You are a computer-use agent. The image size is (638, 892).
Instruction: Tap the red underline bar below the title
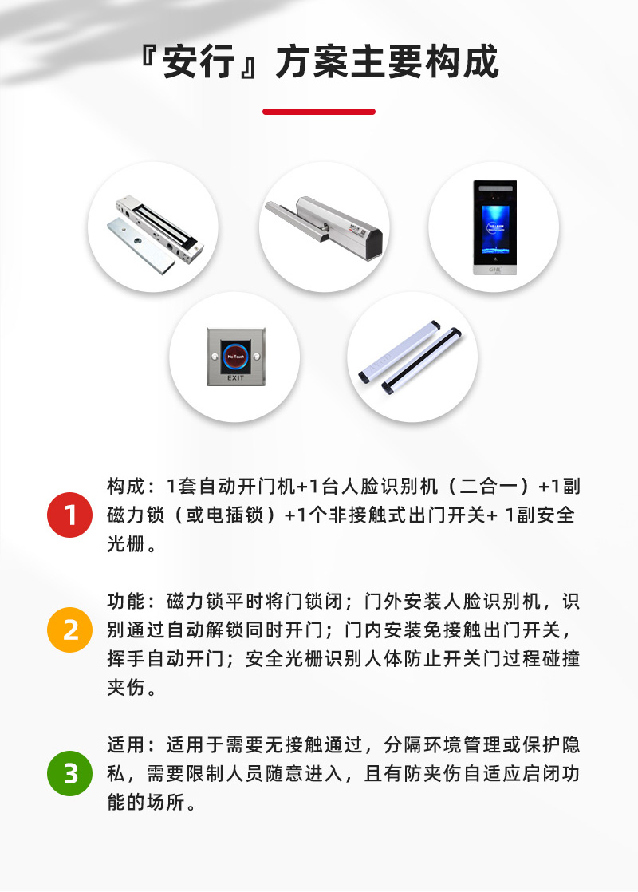click(319, 112)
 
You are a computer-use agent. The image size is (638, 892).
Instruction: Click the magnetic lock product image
click(152, 227)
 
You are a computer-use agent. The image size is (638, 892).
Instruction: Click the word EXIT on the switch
click(236, 377)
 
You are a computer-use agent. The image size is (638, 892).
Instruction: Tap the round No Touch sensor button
click(236, 352)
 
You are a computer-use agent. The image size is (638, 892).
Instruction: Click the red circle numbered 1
click(70, 515)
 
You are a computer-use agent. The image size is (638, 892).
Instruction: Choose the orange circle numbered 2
click(70, 630)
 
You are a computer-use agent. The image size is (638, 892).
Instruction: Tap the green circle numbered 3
click(70, 774)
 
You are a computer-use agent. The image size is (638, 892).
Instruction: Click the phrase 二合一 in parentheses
click(489, 487)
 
